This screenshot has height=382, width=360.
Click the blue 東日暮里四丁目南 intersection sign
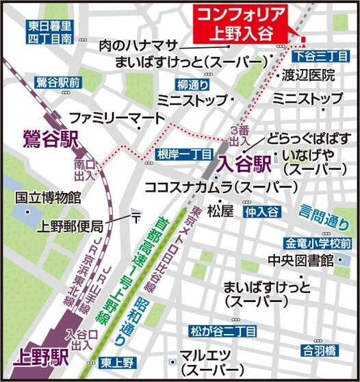(x=49, y=32)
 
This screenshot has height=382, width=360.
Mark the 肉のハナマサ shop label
(x=138, y=44)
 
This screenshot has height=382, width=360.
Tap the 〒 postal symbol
(x=137, y=218)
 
